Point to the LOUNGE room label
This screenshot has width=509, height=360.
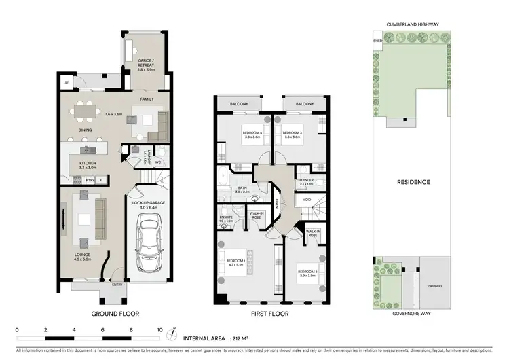pos(83,257)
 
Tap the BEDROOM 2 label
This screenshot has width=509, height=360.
pos(307,273)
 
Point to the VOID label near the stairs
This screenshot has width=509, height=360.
pos(307,200)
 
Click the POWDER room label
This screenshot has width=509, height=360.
pos(307,181)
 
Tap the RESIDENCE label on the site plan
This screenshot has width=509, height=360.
pos(413,182)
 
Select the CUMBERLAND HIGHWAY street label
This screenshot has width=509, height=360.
pos(413,24)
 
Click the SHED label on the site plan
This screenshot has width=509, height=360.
pos(378,41)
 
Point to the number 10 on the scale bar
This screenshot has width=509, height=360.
pos(160,329)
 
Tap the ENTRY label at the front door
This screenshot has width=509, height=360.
pos(117,285)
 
